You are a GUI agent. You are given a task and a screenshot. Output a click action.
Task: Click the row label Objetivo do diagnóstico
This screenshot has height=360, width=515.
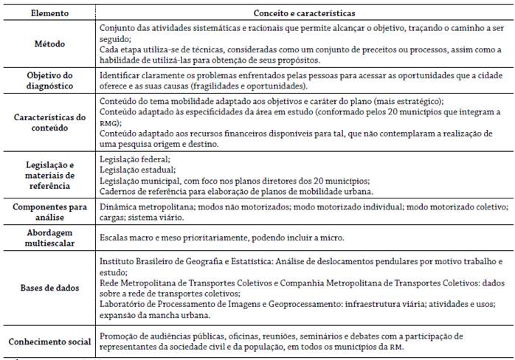click(x=49, y=81)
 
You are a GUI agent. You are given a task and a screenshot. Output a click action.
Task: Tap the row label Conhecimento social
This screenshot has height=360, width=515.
click(x=49, y=342)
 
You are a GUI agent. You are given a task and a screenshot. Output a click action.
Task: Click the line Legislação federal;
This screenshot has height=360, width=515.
click(x=134, y=159)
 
